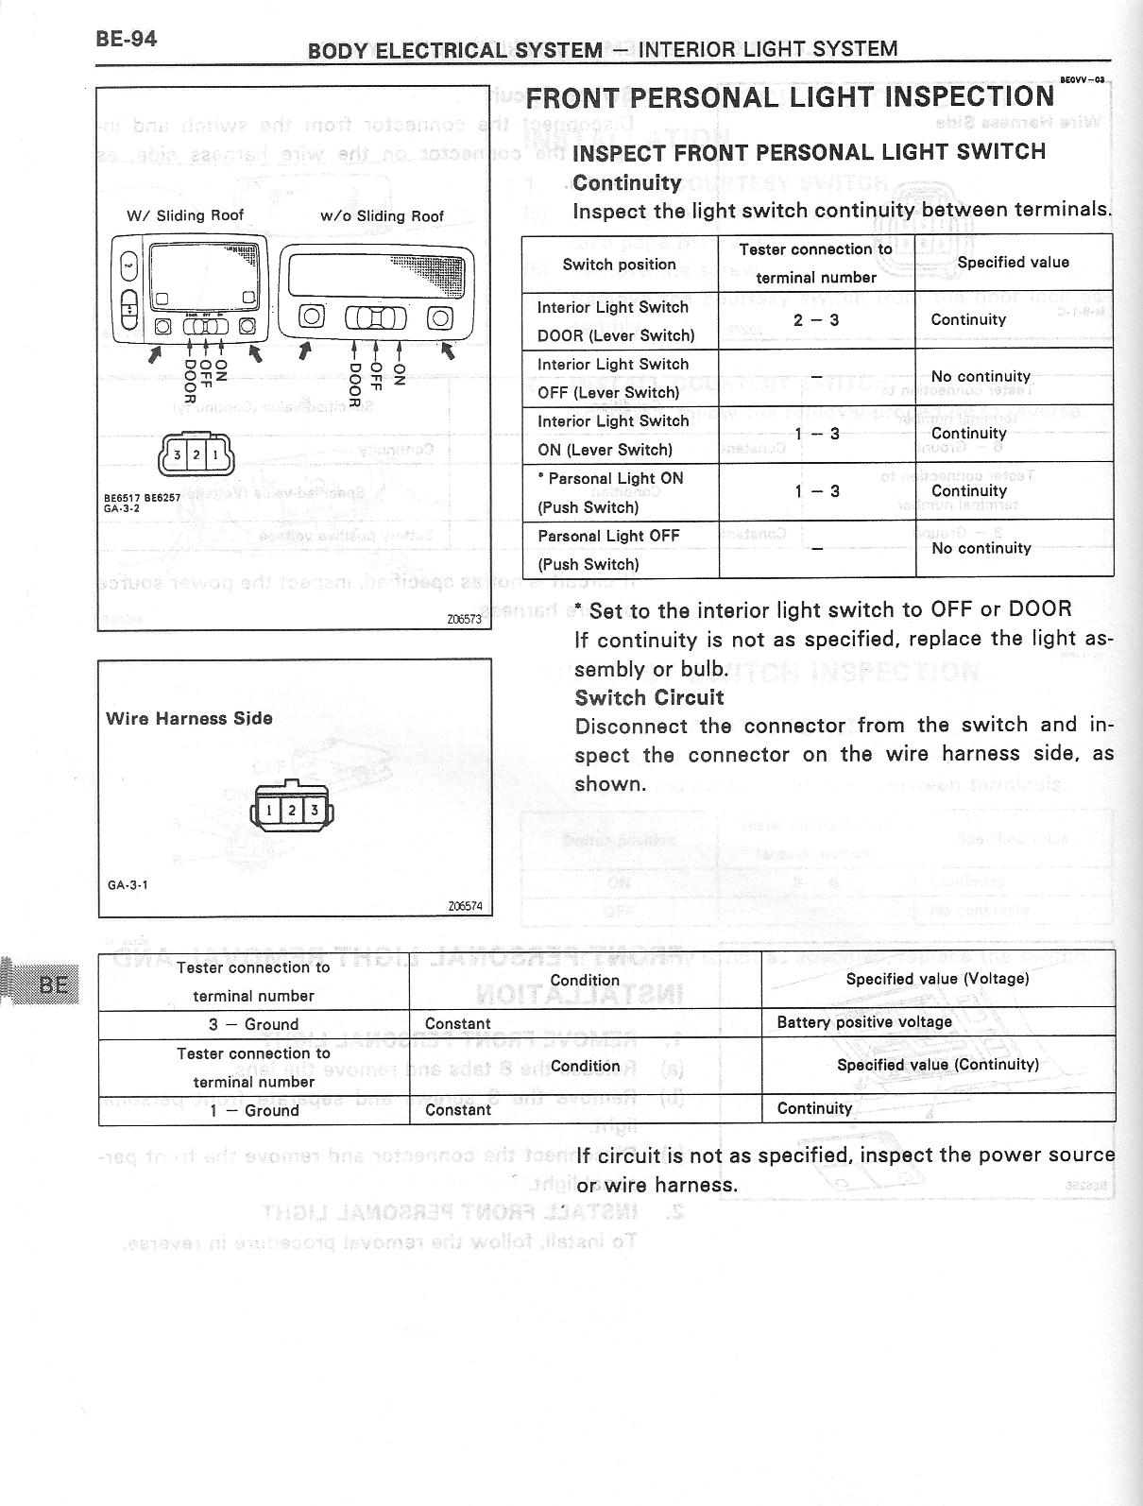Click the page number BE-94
pos(126,39)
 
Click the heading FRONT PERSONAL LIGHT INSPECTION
pos(790,97)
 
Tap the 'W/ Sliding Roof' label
pos(185,215)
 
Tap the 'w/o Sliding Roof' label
pos(382,216)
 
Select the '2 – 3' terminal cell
pos(816,320)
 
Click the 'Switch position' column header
pos(619,265)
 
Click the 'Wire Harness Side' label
pos(189,718)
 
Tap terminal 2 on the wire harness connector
pos(292,810)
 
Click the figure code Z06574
pos(465,906)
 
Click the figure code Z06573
pos(465,620)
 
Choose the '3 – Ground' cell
pos(253,1024)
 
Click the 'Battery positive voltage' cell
pos(864,1022)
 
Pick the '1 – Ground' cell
pos(253,1110)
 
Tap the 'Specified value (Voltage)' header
pos(937,979)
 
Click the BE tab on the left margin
pos(52,984)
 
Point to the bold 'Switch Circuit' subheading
pos(649,697)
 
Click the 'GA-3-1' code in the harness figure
pos(127,885)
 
